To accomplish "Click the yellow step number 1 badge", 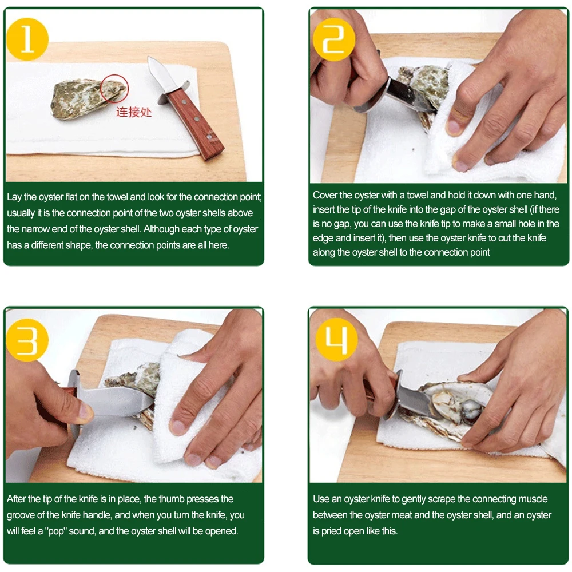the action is point(27,39).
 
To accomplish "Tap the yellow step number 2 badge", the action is point(333,39).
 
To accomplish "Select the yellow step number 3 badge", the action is point(27,340).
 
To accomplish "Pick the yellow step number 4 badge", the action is point(336,339).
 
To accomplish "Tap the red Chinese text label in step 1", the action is point(134,112).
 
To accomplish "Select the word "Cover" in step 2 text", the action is point(325,195).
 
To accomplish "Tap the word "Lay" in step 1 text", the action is point(14,197).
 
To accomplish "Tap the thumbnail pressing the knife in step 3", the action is point(85,411).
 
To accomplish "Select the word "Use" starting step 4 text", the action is point(321,499).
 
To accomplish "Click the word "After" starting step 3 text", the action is point(16,499).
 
